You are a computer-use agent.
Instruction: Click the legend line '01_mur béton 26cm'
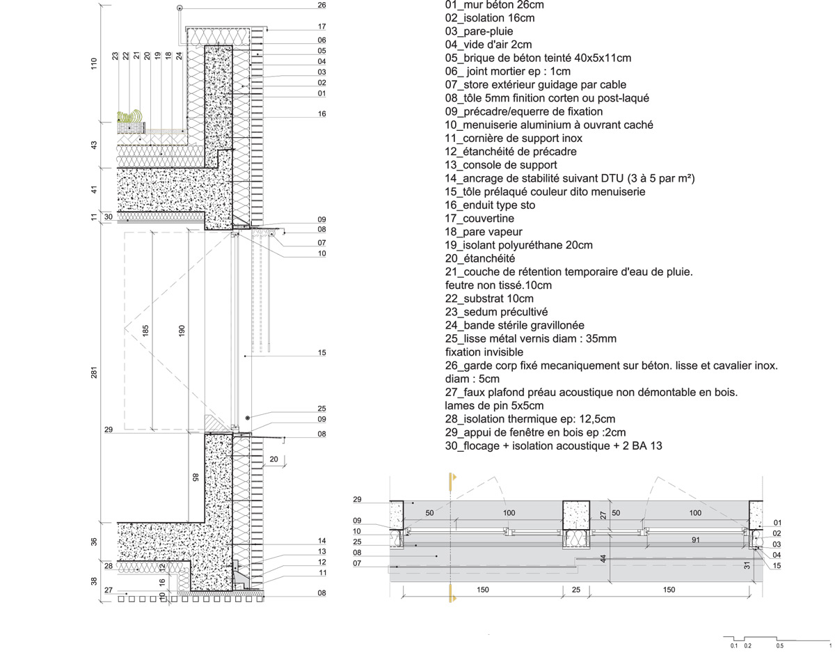click(494, 5)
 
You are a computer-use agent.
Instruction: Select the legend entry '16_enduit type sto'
click(490, 205)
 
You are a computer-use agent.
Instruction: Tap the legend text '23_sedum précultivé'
click(495, 312)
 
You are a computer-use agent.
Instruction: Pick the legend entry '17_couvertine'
click(479, 219)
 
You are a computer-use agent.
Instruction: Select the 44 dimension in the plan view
click(603, 558)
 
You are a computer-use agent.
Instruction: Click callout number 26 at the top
click(321, 5)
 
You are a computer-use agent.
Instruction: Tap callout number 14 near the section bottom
click(321, 541)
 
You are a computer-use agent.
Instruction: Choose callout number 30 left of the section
click(108, 217)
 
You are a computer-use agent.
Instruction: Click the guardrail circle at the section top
click(180, 8)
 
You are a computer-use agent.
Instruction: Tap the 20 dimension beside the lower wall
click(273, 459)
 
